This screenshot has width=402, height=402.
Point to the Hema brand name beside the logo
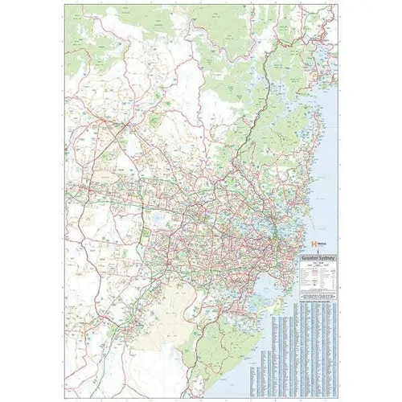322,242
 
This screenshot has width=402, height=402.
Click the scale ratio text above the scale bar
319,263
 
